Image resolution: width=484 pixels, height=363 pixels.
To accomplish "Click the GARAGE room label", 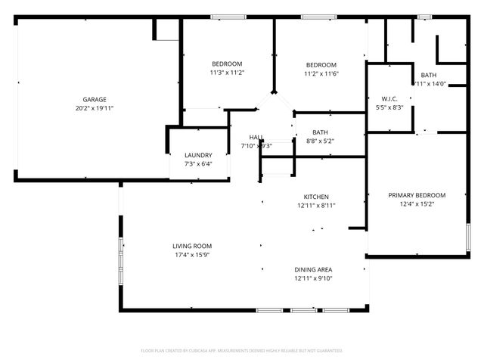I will pyautogui.click(x=95, y=99).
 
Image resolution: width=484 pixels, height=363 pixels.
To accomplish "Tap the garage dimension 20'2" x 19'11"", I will pyautogui.click(x=95, y=108).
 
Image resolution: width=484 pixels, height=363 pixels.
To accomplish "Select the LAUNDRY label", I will pyautogui.click(x=198, y=155).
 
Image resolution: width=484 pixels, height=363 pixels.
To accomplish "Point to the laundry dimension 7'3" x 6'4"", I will pyautogui.click(x=198, y=163).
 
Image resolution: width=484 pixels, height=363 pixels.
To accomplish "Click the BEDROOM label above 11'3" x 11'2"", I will pyautogui.click(x=227, y=64).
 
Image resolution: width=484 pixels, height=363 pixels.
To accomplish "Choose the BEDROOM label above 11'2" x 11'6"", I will pyautogui.click(x=321, y=65).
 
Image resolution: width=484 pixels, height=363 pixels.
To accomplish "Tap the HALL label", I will pyautogui.click(x=257, y=137).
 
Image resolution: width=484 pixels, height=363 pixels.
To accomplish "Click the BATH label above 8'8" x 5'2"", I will pyautogui.click(x=320, y=132).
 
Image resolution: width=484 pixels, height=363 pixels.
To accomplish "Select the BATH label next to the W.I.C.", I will pyautogui.click(x=429, y=75).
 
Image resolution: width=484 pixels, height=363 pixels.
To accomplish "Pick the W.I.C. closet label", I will pyautogui.click(x=389, y=99).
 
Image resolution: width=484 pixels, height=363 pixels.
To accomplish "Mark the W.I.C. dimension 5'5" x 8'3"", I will pyautogui.click(x=389, y=108).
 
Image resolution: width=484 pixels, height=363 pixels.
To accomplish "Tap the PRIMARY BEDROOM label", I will pyautogui.click(x=417, y=194).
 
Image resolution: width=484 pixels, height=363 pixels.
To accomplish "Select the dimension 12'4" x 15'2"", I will pyautogui.click(x=417, y=203).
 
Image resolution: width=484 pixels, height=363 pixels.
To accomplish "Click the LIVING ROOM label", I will pyautogui.click(x=192, y=246).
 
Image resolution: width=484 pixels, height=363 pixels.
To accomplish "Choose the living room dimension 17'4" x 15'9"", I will pyautogui.click(x=192, y=255).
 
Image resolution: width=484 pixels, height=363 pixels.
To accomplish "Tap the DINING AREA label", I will pyautogui.click(x=313, y=269).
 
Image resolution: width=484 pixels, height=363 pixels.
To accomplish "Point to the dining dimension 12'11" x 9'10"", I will pyautogui.click(x=313, y=278).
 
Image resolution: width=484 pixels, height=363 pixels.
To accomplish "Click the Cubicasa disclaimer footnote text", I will pyautogui.click(x=242, y=351).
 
